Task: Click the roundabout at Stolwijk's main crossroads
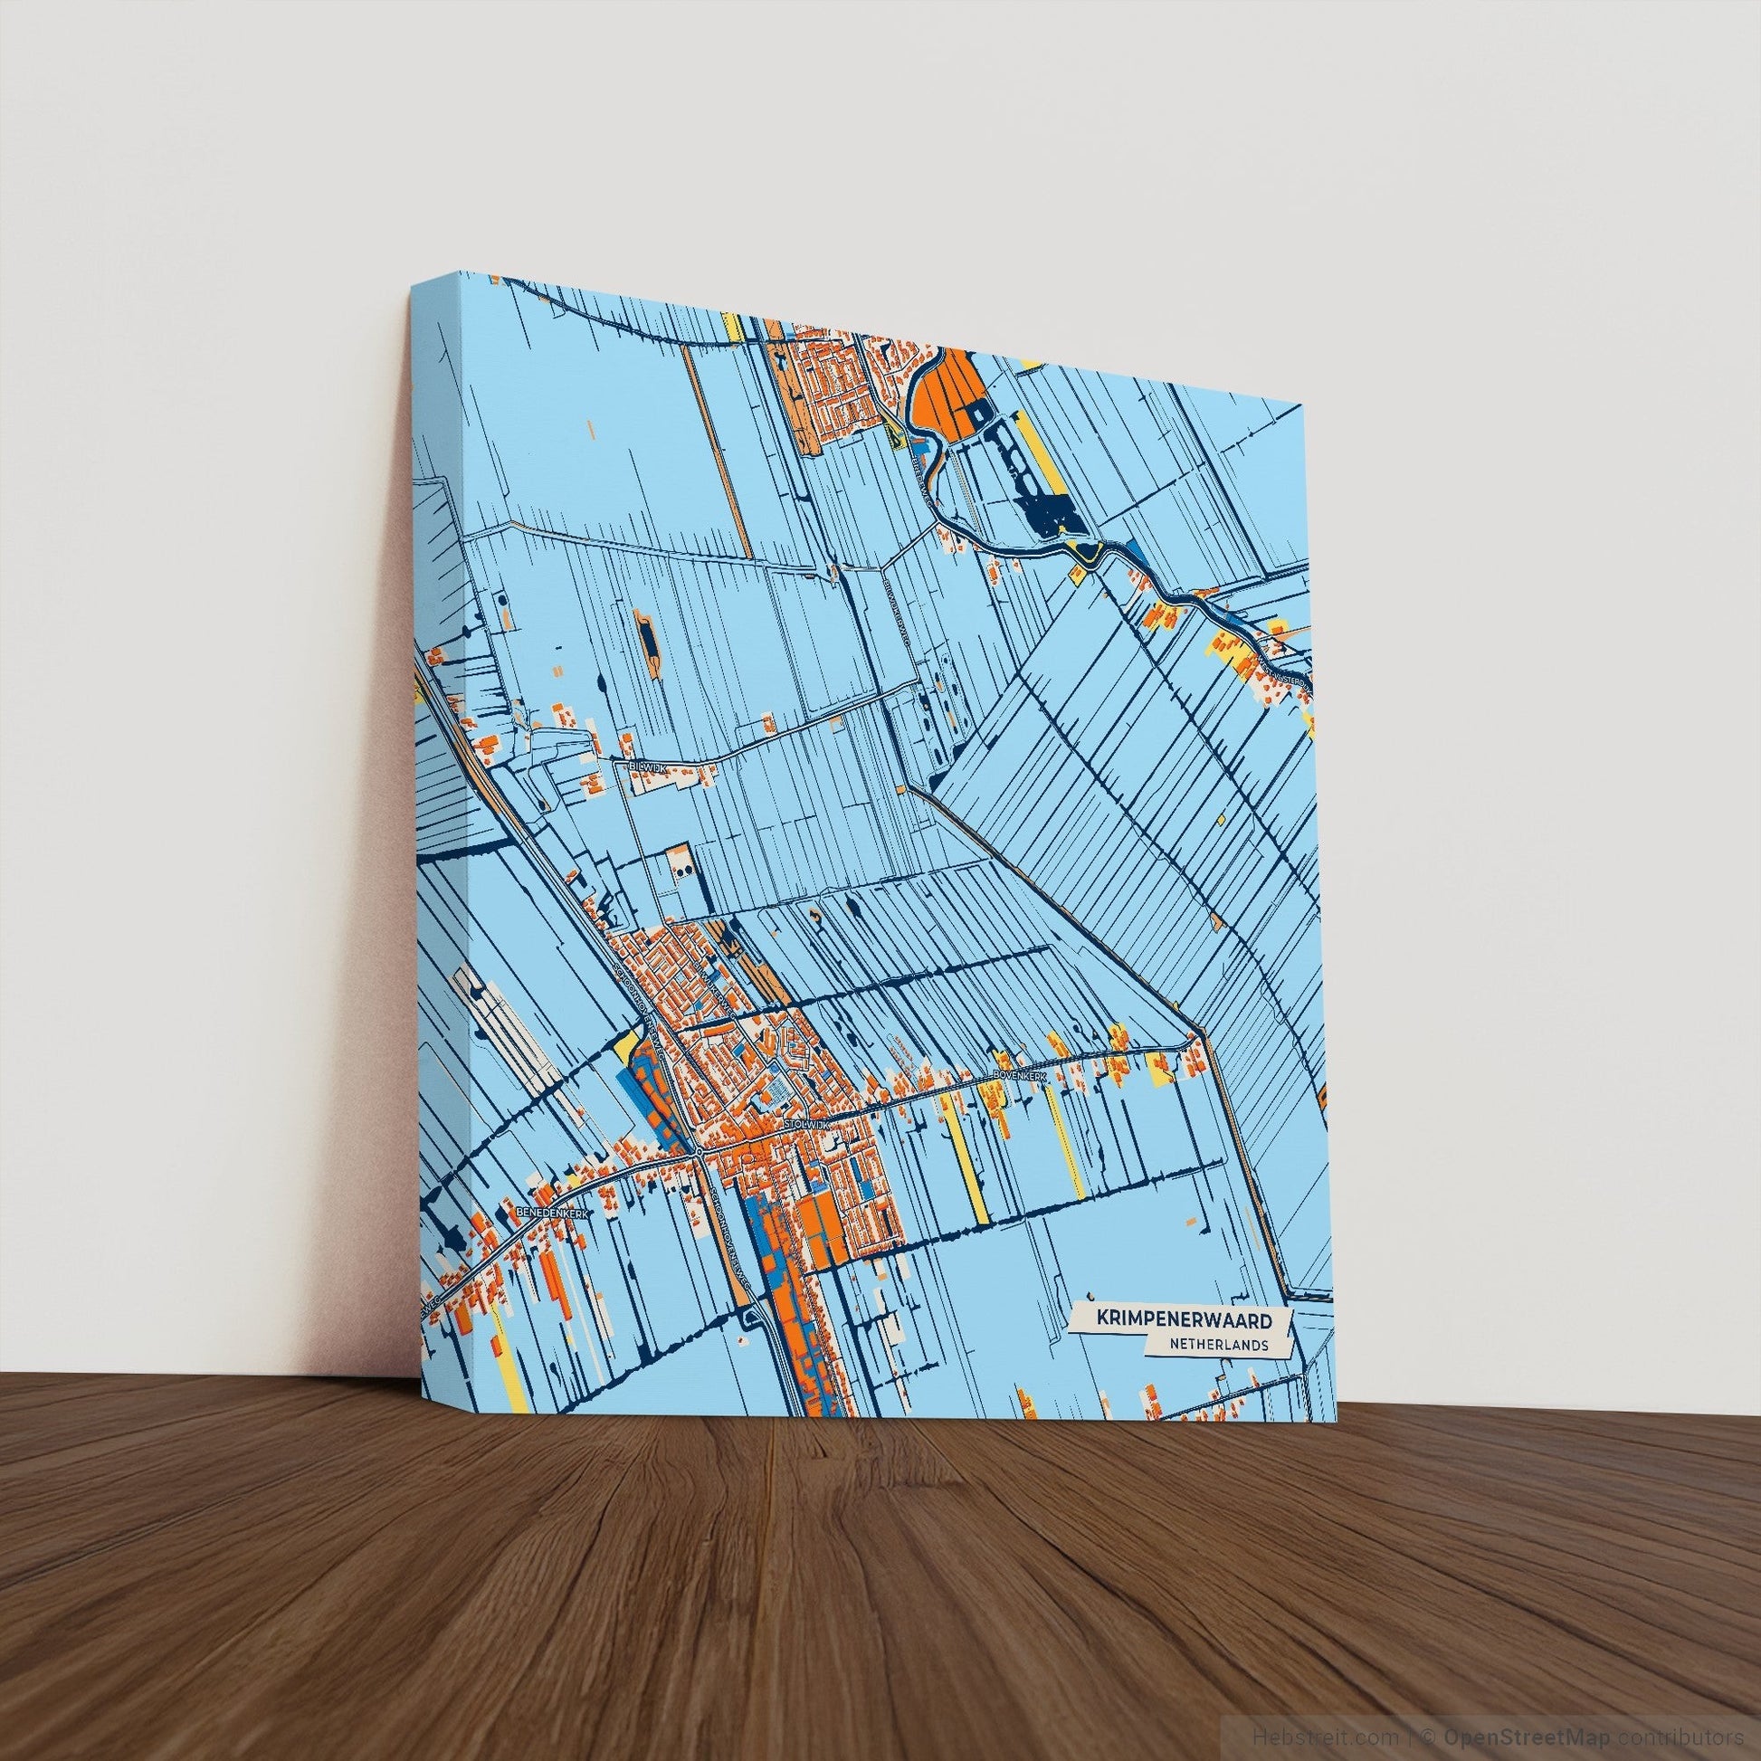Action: click(x=698, y=1153)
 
